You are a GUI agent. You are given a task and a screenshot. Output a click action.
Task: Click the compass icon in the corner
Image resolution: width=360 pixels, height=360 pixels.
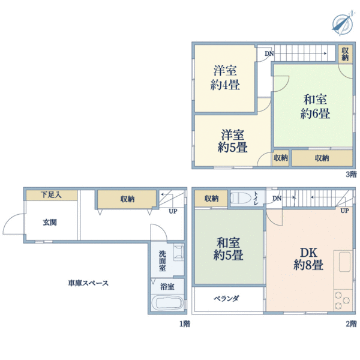pos(343,23)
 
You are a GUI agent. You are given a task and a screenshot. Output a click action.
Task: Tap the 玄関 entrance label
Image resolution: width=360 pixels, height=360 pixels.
pos(50,222)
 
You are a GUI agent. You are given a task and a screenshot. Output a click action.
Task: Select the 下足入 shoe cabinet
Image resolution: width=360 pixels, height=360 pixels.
pos(52,195)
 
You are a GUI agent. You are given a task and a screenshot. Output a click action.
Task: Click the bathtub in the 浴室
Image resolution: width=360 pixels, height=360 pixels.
pos(167,302)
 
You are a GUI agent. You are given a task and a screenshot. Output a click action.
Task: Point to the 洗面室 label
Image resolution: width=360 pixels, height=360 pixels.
pos(162,261)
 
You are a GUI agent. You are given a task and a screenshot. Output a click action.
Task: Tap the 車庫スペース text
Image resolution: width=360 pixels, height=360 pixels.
pos(88,283)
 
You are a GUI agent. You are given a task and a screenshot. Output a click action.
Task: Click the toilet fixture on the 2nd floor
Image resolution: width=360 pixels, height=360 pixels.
pos(241,198)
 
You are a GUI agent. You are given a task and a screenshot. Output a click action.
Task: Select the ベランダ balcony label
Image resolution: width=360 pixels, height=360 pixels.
pos(226,298)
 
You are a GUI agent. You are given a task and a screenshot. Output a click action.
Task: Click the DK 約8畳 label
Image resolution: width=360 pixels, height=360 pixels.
pos(308,259)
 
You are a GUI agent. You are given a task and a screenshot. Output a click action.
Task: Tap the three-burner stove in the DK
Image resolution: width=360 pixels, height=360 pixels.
pos(343,300)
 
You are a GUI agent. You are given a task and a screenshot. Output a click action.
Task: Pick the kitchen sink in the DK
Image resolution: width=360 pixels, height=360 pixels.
pos(344,262)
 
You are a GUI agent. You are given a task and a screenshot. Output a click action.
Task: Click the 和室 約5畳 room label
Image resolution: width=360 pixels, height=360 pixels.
pos(228,249)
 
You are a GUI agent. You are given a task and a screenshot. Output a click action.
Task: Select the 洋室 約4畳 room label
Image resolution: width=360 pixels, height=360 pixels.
pos(225,78)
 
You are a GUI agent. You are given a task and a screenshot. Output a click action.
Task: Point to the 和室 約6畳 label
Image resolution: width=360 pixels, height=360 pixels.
pos(315,107)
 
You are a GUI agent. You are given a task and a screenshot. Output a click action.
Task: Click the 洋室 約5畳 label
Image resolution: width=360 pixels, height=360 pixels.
pos(233,141)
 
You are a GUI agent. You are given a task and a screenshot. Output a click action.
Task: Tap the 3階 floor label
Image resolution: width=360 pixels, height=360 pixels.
pos(351,175)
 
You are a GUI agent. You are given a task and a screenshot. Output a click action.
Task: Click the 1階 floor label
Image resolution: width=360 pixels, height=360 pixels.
pos(185,324)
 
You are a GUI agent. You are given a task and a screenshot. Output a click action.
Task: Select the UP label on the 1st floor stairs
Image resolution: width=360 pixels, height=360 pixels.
pos(173,211)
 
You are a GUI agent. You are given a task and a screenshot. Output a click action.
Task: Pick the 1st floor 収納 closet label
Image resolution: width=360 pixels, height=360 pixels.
pos(127,199)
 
